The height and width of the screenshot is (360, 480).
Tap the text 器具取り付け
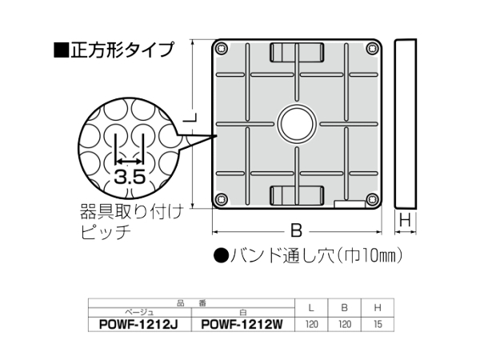[132, 212]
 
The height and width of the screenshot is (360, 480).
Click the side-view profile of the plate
[406, 123]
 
